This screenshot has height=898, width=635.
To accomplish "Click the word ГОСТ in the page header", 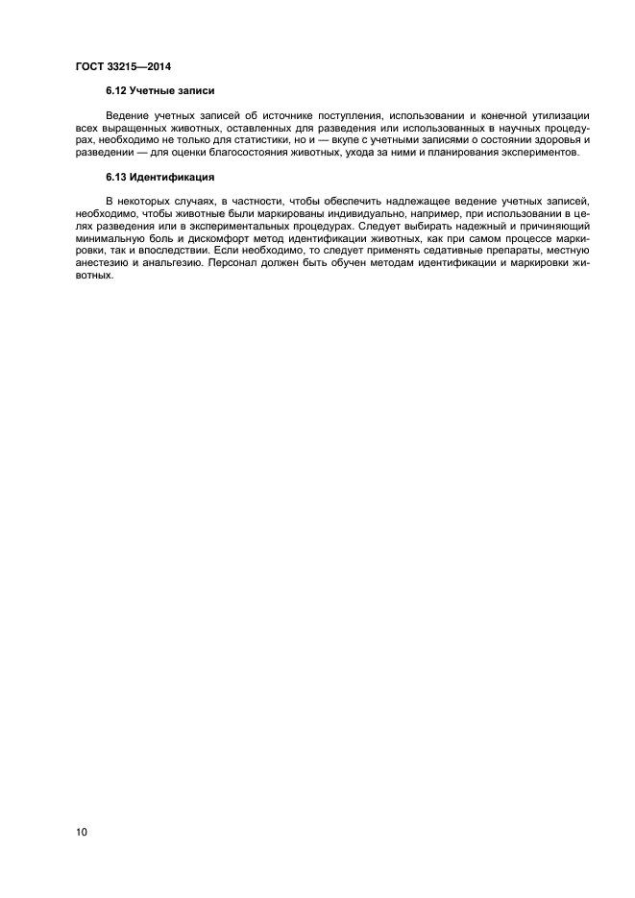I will coord(89,66).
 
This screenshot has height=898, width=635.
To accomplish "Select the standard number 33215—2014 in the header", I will coord(138,66).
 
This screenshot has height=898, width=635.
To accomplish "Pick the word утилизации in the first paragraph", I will coord(558,115).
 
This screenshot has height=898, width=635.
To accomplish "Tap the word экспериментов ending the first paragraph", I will coord(535,153).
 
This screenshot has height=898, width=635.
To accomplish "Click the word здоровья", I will coord(551,140).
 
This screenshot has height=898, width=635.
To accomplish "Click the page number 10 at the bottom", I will coord(81,832).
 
